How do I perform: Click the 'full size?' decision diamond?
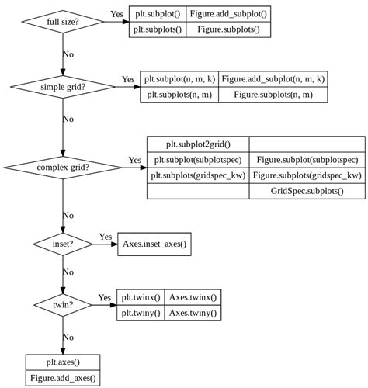[63, 21]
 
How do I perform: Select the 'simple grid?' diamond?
[63, 87]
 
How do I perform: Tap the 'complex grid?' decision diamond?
[63, 167]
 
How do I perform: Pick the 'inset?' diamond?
[63, 244]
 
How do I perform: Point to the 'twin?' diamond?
[63, 305]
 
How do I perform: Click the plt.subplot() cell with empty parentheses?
[156, 13]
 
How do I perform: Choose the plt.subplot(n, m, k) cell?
[179, 79]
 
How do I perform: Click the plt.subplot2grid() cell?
[198, 144]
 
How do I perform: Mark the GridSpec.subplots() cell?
[307, 191]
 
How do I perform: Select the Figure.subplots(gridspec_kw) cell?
[307, 175]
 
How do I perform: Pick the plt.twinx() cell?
[141, 297]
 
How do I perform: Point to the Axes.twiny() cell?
[193, 313]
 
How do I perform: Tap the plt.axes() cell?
[63, 362]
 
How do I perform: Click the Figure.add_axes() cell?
[63, 378]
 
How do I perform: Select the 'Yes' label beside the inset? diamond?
[105, 236]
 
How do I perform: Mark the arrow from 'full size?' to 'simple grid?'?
[63, 54]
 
